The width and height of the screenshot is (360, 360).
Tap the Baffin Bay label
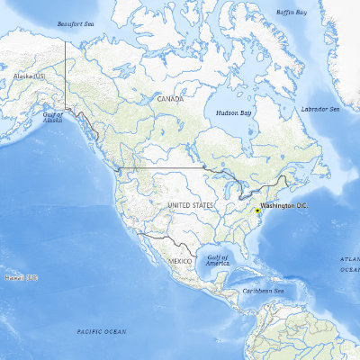[291, 13]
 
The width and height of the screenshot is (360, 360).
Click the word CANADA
[170, 99]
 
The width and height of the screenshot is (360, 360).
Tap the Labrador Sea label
[321, 109]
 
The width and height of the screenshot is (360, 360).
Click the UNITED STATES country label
[191, 206]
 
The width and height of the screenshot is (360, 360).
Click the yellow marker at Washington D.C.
[256, 211]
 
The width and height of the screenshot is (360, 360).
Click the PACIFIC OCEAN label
[101, 332]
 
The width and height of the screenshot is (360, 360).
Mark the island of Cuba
[251, 274]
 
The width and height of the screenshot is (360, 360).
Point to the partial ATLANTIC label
[349, 259]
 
